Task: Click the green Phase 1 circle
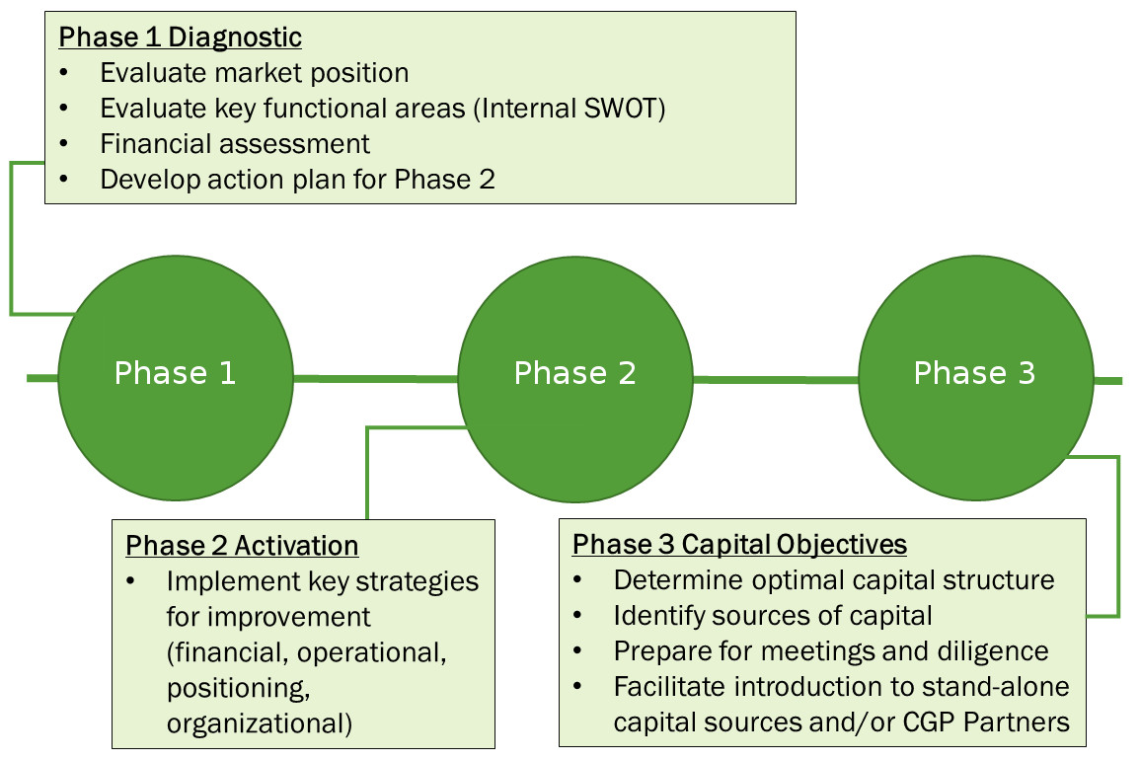coord(176,377)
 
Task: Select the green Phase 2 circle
coord(575,379)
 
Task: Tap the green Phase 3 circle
coord(976,377)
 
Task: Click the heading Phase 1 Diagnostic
coord(181,38)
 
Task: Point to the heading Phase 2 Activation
coord(242,546)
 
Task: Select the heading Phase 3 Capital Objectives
coord(739,544)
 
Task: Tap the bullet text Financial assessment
coord(235,144)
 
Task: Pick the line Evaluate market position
coord(255,73)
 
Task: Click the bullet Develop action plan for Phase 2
coord(297,180)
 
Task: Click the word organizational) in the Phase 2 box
coord(260,723)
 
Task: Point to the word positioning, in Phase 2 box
coord(239,688)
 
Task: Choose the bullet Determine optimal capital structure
coord(834,580)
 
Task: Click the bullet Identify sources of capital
coord(773,616)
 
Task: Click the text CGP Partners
coord(986,722)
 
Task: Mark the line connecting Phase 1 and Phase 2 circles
coord(376,378)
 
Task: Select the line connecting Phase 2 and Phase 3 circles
coord(776,380)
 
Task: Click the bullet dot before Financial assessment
coord(64,144)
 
